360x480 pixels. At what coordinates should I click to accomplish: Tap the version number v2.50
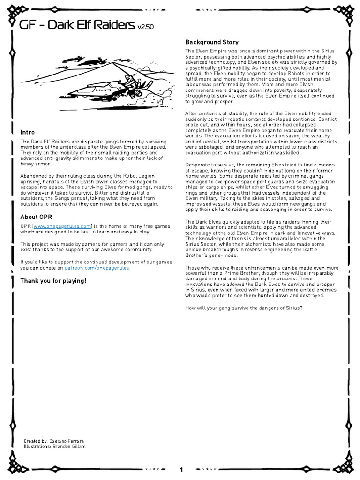[x=145, y=27]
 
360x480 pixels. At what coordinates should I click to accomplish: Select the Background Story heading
[x=211, y=42]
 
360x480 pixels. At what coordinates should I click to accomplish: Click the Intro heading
[x=27, y=132]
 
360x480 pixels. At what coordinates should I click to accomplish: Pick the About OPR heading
[x=36, y=217]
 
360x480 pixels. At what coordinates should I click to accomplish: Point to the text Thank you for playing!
[x=53, y=281]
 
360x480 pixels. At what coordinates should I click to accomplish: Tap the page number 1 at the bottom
[x=181, y=469]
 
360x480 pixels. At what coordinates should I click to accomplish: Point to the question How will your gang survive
[x=244, y=307]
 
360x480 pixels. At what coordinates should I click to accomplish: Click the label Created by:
[x=35, y=441]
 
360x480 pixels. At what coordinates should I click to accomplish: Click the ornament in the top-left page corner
[x=12, y=12]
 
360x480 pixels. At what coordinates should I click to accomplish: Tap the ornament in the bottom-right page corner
[x=348, y=468]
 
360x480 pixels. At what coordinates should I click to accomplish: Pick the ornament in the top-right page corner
[x=348, y=12]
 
